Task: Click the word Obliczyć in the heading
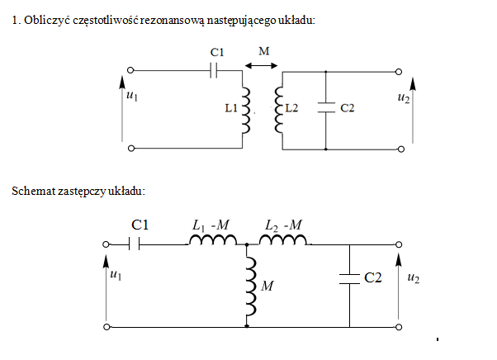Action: tap(47, 21)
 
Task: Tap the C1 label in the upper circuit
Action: tap(217, 52)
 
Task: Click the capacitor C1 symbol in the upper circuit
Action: tap(214, 70)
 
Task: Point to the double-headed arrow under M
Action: tap(261, 65)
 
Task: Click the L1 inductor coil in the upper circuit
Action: tap(246, 111)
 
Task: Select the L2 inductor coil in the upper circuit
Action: tap(278, 110)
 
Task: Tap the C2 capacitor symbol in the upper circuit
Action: tap(326, 107)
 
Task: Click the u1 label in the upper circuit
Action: tap(132, 95)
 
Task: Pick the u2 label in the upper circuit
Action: tap(404, 97)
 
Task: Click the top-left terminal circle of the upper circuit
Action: tap(130, 70)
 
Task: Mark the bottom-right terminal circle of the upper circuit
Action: tap(401, 149)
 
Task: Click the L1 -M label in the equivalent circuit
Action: tap(211, 225)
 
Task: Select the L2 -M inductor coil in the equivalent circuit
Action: tap(283, 239)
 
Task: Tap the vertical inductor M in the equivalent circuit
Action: tap(251, 287)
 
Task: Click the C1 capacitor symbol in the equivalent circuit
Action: tap(135, 244)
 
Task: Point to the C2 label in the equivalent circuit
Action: tap(373, 277)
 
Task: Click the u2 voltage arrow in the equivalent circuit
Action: tap(399, 287)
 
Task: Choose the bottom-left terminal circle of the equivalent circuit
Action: tap(106, 327)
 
